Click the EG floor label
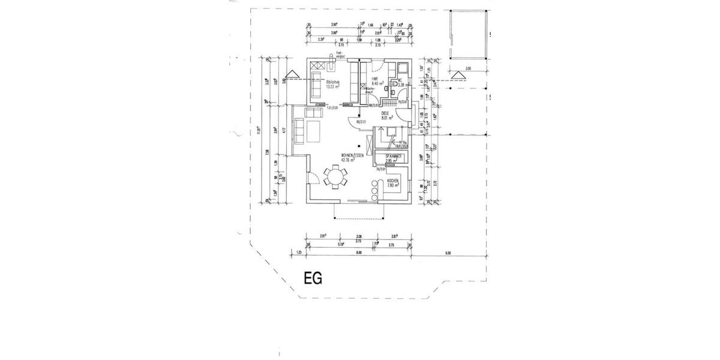point(313,278)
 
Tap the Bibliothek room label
point(334,82)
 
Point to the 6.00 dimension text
point(448,253)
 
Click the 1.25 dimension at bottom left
point(299,253)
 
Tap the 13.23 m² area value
point(334,86)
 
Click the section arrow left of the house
point(292,75)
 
